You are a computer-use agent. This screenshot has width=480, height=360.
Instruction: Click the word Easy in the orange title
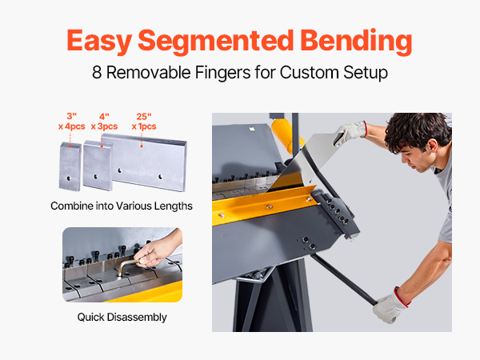99,41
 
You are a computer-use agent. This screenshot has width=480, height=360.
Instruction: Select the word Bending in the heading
356,41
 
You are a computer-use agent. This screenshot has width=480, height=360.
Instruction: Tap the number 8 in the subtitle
97,73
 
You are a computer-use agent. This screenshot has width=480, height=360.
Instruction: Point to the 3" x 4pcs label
72,122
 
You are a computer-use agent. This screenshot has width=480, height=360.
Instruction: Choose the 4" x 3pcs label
104,122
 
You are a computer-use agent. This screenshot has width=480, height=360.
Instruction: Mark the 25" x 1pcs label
144,122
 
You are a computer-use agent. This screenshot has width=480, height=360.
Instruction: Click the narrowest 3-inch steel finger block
70,166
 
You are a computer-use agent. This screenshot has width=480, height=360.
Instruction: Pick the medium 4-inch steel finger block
98,166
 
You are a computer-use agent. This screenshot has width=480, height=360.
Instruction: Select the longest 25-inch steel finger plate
147,162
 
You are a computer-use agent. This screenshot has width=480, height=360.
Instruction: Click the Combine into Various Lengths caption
122,206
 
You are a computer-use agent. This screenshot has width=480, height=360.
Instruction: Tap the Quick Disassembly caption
122,317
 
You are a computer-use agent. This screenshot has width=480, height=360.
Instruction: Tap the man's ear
432,146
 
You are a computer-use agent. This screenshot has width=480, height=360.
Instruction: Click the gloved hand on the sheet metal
350,133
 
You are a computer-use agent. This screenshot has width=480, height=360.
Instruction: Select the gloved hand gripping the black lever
390,306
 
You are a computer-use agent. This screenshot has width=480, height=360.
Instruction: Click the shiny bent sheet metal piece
303,166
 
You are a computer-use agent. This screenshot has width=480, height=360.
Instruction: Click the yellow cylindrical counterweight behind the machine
286,134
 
